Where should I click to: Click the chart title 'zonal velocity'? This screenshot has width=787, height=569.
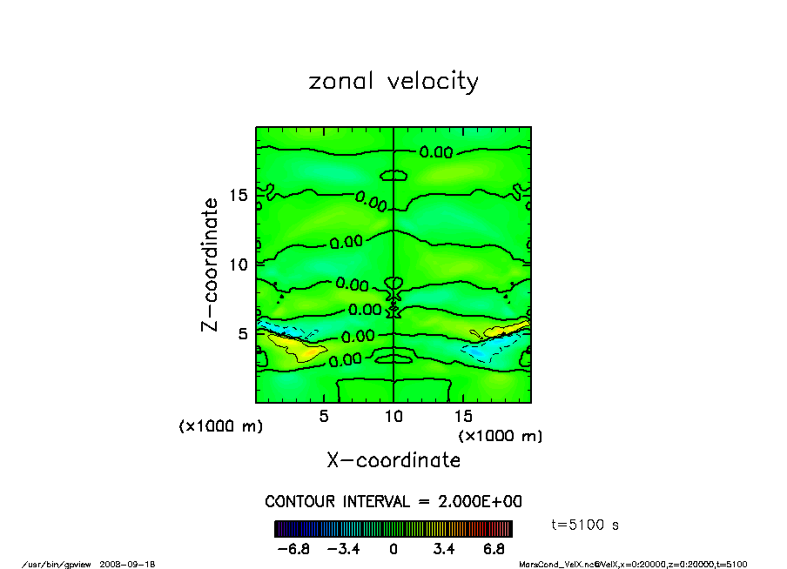pos(393,82)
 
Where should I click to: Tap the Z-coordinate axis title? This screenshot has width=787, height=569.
pos(209,264)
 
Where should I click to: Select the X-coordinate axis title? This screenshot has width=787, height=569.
pos(393,460)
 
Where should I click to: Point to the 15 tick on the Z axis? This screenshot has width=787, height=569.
pos(239,195)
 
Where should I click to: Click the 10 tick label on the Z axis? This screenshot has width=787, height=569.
pos(239,264)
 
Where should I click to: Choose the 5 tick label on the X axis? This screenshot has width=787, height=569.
pos(324,417)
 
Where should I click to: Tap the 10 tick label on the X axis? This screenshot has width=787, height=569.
pos(393,417)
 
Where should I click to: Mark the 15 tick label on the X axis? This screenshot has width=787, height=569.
pos(463,417)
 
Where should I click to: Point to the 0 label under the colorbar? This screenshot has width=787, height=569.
pos(393,549)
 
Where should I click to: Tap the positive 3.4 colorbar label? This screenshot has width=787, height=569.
pos(444,549)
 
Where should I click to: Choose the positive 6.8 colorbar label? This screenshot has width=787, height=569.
pos(494,549)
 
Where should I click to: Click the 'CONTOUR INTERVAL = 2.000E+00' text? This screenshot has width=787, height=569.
pos(393,502)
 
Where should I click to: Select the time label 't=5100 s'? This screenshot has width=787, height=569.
pos(586,525)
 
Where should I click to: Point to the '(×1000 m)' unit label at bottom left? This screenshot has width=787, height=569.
pos(220,426)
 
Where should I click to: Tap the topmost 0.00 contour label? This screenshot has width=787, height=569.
pos(435,152)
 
